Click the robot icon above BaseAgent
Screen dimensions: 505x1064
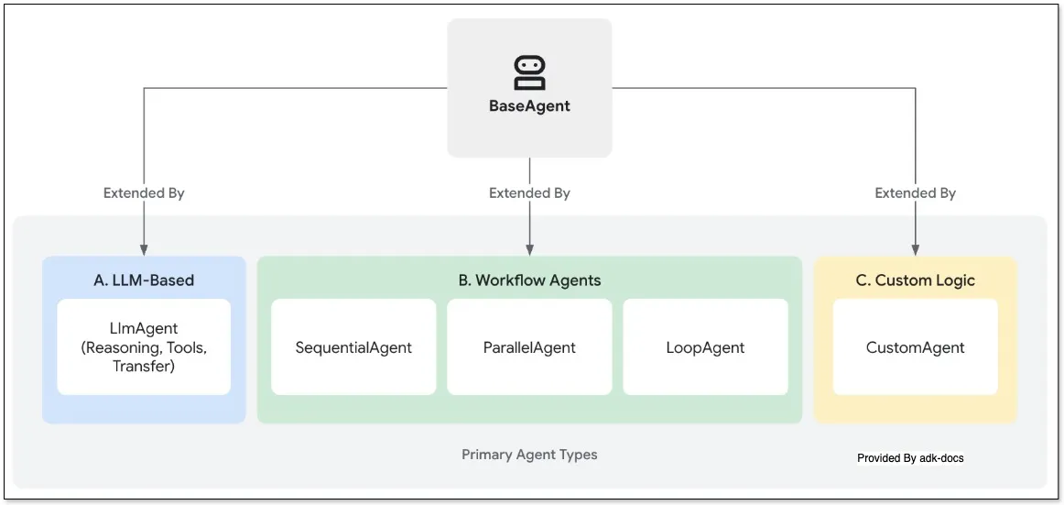point(529,72)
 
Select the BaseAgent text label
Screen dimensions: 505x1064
point(529,106)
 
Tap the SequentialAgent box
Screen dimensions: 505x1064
point(353,347)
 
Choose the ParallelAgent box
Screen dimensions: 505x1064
point(529,347)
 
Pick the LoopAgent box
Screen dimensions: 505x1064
point(705,347)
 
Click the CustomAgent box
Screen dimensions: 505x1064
point(915,347)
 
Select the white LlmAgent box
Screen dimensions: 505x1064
point(144,347)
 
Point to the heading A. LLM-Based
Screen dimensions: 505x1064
point(144,280)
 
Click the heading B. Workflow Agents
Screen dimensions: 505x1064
point(529,280)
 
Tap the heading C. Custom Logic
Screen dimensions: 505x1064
point(915,280)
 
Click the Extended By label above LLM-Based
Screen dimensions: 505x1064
point(144,193)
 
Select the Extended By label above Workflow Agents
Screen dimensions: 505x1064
point(529,193)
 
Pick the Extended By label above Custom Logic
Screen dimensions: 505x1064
point(915,193)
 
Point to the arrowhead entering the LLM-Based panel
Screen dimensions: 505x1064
point(144,249)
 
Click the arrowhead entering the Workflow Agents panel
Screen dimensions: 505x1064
point(529,249)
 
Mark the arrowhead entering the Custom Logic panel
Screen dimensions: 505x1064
point(915,249)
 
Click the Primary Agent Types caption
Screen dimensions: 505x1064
point(529,455)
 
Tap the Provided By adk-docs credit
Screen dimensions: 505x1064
point(910,458)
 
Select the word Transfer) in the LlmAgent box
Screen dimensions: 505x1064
point(144,367)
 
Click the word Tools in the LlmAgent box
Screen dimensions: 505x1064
point(187,347)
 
